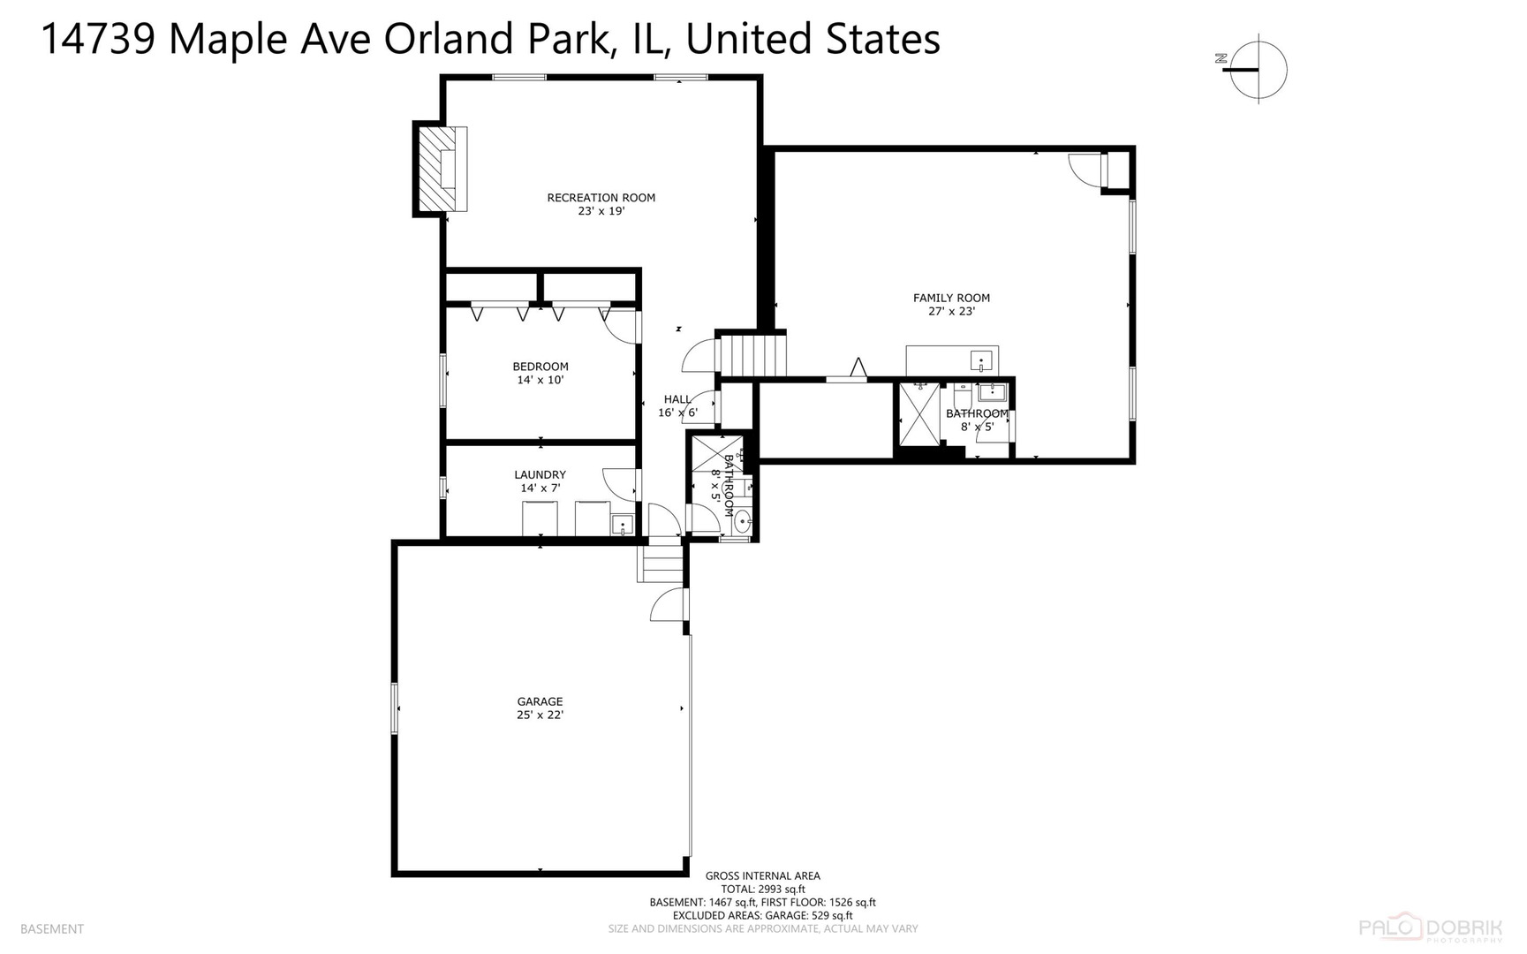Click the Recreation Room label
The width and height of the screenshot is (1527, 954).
601,198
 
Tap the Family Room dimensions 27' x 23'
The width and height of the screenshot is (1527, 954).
951,312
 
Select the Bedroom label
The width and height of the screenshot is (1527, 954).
540,367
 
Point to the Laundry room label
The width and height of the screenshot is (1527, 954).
540,475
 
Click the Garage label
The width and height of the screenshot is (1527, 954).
540,702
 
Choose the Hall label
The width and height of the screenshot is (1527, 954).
677,399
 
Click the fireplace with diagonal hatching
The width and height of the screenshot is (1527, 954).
437,169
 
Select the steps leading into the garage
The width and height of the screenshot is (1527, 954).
661,564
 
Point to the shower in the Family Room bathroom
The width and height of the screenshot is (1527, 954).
918,414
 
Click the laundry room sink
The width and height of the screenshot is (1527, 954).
623,526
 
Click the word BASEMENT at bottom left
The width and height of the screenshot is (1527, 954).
52,929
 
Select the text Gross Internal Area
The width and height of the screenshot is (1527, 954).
762,876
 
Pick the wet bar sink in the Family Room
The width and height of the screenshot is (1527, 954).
980,360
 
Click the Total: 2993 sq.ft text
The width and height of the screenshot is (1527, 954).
762,890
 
